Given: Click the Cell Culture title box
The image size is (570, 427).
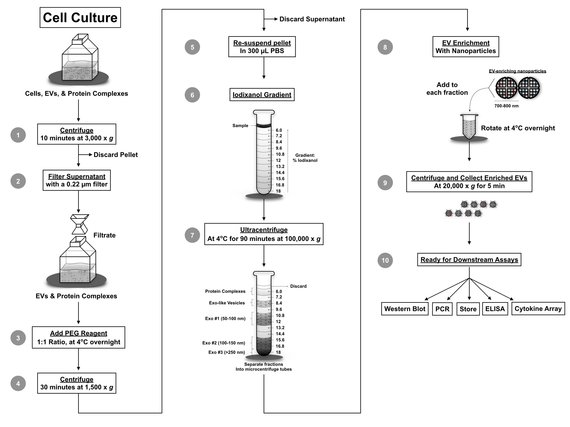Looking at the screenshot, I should pyautogui.click(x=80, y=17).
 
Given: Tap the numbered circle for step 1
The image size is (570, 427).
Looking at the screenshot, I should pyautogui.click(x=18, y=135).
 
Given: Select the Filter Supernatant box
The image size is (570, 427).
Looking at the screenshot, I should pyautogui.click(x=77, y=180).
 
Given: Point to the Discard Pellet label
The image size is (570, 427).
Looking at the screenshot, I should pyautogui.click(x=116, y=155).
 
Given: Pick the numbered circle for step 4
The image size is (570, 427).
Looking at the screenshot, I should pyautogui.click(x=18, y=384).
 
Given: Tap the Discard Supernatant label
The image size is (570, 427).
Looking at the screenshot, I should pyautogui.click(x=312, y=19).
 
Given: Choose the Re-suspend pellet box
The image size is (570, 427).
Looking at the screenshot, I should pyautogui.click(x=262, y=46).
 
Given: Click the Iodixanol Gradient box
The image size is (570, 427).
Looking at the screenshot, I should pyautogui.click(x=262, y=95).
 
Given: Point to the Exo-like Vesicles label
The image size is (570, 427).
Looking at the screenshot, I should pyautogui.click(x=227, y=303).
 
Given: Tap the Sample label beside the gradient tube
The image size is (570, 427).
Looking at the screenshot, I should pyautogui.click(x=240, y=126).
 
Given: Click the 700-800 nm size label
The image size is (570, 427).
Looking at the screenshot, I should pyautogui.click(x=506, y=106).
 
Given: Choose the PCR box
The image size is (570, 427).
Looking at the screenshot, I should pyautogui.click(x=442, y=309).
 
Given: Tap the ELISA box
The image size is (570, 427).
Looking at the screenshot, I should pyautogui.click(x=495, y=309).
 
